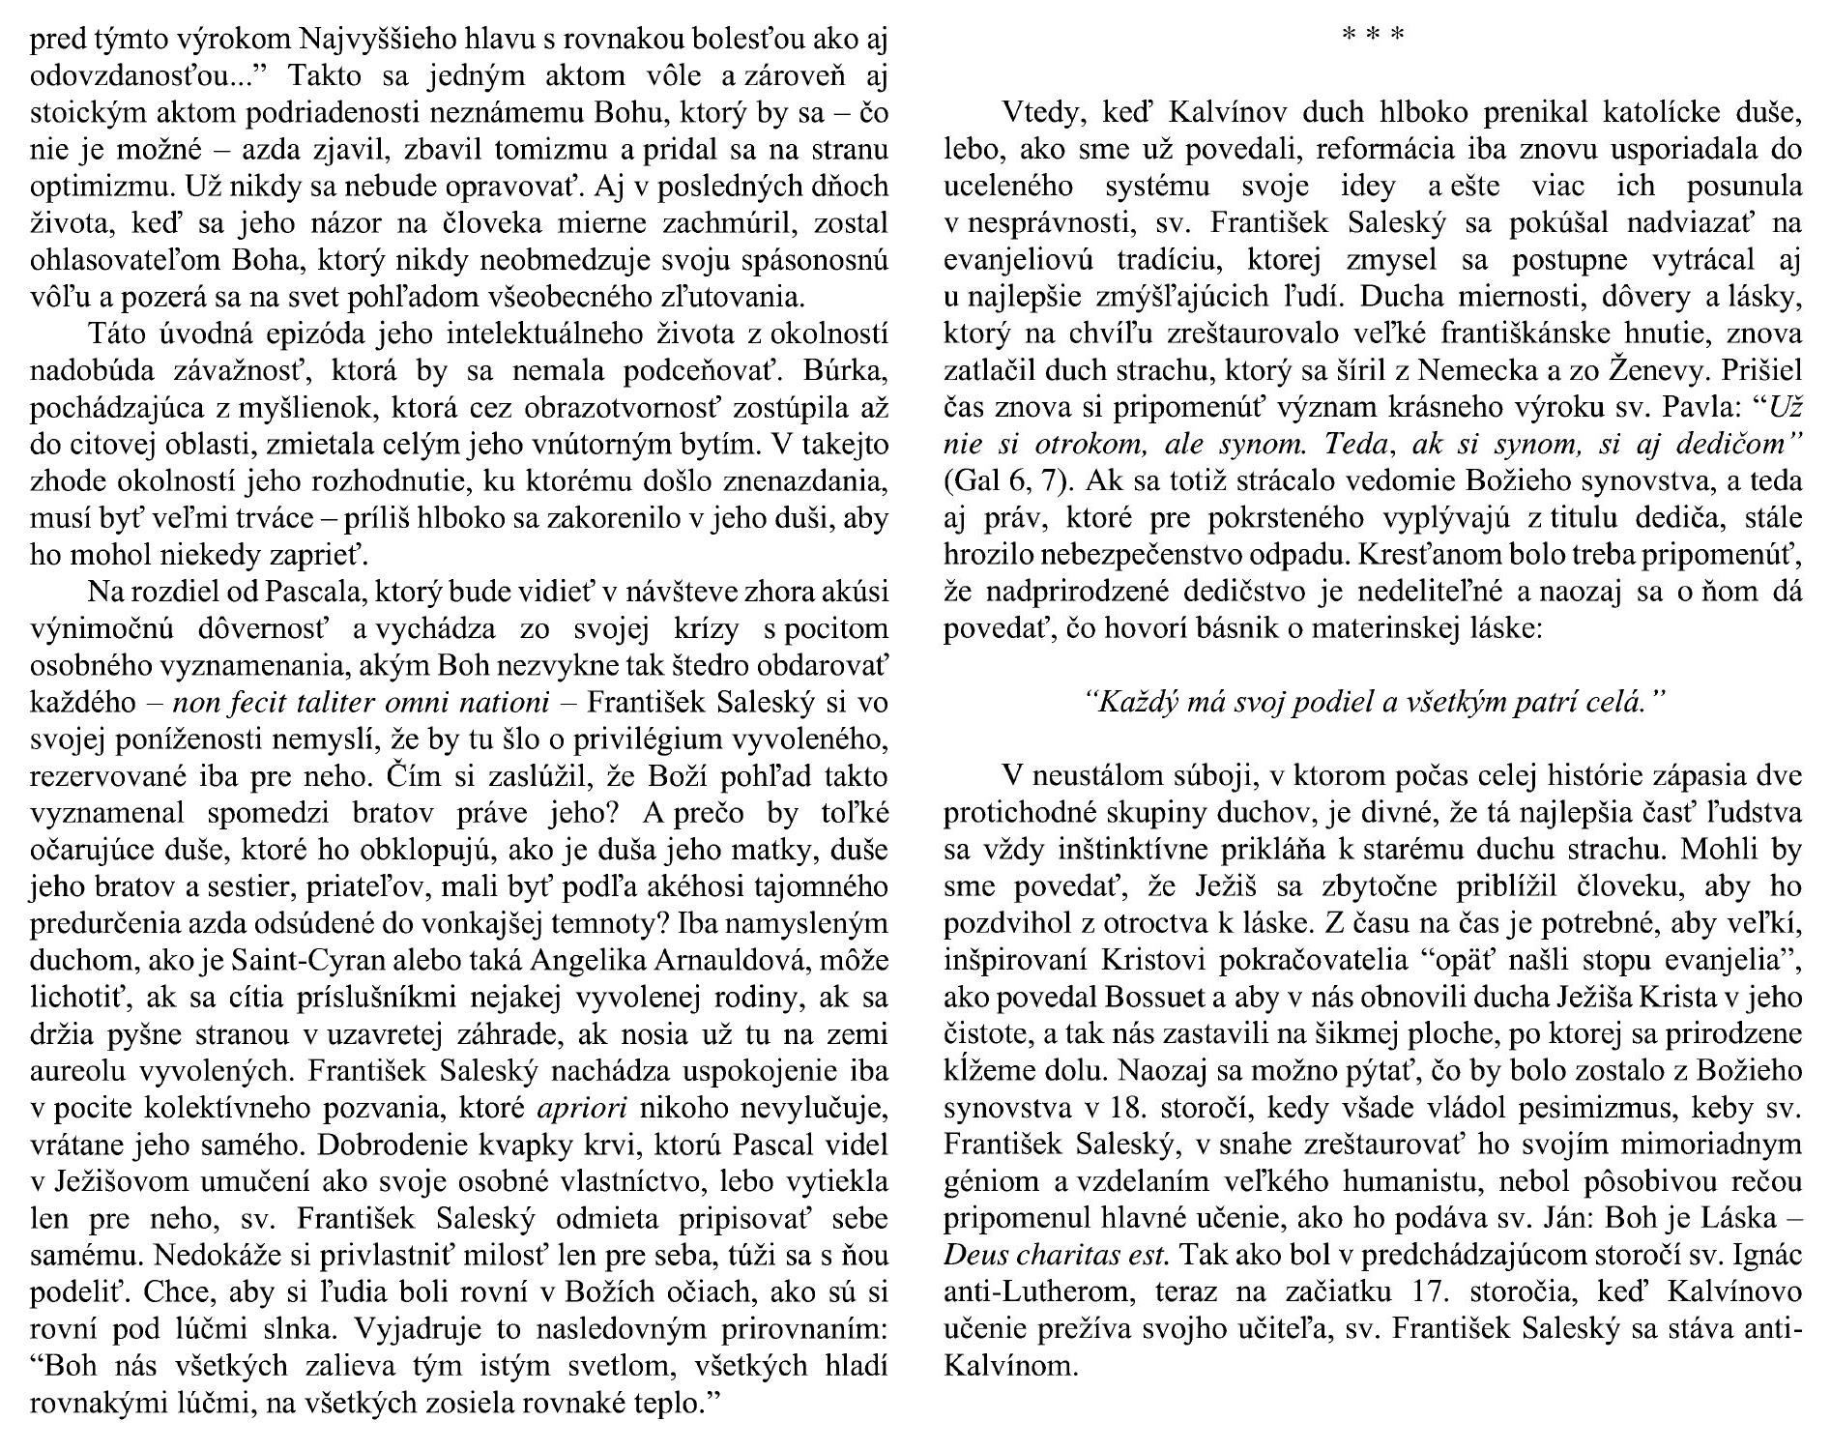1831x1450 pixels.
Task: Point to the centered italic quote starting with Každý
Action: coord(1372,702)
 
